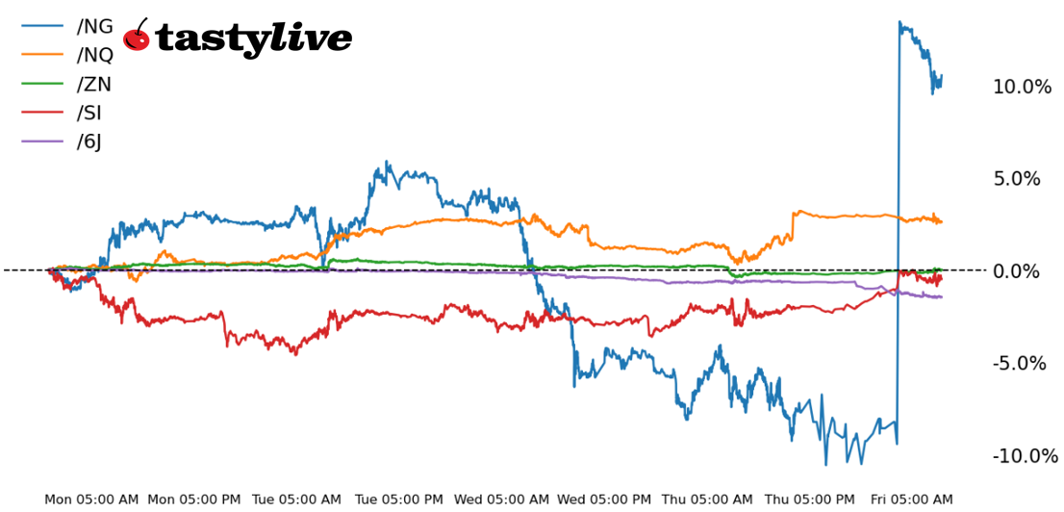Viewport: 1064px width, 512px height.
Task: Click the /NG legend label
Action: (94, 26)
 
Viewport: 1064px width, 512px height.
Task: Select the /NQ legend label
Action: (95, 55)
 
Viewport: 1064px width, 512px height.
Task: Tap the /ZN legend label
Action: (94, 84)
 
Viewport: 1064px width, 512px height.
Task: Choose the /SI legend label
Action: (89, 113)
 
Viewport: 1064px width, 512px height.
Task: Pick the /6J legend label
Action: (89, 141)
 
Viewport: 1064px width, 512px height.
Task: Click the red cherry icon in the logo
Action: (138, 37)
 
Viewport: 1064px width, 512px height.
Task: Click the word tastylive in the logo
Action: (253, 38)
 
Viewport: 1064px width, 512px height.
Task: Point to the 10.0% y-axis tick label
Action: (1022, 87)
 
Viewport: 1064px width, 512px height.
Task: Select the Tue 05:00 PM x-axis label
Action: (399, 499)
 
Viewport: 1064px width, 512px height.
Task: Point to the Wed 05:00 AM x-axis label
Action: (501, 499)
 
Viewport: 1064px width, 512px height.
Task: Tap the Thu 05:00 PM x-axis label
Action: (809, 499)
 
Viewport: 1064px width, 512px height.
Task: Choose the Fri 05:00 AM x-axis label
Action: (911, 499)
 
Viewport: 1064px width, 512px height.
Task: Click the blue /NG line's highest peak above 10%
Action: (899, 22)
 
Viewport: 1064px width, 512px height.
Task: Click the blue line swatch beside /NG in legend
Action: (42, 26)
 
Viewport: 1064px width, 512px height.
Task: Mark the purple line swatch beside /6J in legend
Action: (42, 141)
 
